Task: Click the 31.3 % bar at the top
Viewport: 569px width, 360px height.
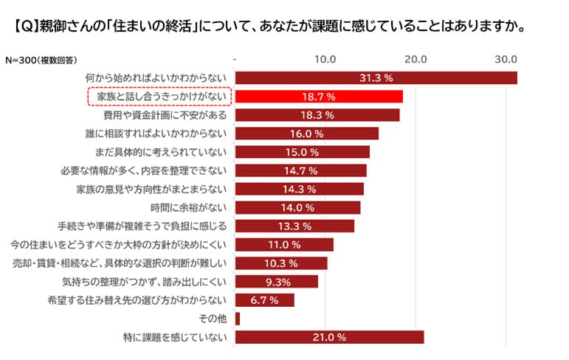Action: tap(376, 77)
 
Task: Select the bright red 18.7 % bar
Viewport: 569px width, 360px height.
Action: tap(319, 97)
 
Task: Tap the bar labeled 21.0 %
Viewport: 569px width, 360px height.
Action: tap(329, 337)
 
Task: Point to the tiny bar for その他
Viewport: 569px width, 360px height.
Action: tap(238, 319)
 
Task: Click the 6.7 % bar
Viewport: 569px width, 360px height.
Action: tap(264, 300)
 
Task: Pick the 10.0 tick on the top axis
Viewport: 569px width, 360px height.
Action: tap(325, 58)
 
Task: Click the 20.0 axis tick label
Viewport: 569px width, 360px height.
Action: tap(416, 58)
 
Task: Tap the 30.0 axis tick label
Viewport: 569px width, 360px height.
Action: tap(506, 58)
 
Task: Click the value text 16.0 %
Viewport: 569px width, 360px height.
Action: tap(307, 134)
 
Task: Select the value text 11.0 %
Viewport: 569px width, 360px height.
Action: tap(284, 244)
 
